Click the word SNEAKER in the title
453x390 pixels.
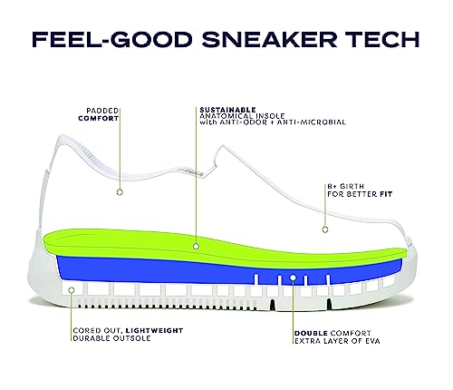pyautogui.click(x=269, y=39)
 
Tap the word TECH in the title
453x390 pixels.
pyautogui.click(x=382, y=39)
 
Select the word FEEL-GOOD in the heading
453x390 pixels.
pyautogui.click(x=112, y=39)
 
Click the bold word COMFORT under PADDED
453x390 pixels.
pyautogui.click(x=99, y=119)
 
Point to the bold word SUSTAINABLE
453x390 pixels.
pyautogui.click(x=228, y=110)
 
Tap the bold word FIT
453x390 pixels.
pyautogui.click(x=386, y=194)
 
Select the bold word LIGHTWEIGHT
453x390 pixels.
pyautogui.click(x=154, y=331)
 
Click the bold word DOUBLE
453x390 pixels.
pyautogui.click(x=311, y=334)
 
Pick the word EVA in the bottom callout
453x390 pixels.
pyautogui.click(x=372, y=341)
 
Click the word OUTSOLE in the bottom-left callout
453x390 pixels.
pyautogui.click(x=131, y=338)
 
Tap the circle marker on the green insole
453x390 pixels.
pyautogui.click(x=196, y=247)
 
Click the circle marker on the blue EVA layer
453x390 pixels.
pyautogui.click(x=293, y=278)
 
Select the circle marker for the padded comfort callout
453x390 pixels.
pyautogui.click(x=120, y=192)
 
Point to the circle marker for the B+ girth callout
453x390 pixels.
pyautogui.click(x=325, y=229)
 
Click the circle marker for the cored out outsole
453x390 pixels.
pyautogui.click(x=72, y=290)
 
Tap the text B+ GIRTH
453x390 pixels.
pyautogui.click(x=346, y=187)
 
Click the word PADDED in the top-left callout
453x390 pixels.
pyautogui.click(x=102, y=111)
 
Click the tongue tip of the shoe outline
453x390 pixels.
pyautogui.click(x=223, y=147)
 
